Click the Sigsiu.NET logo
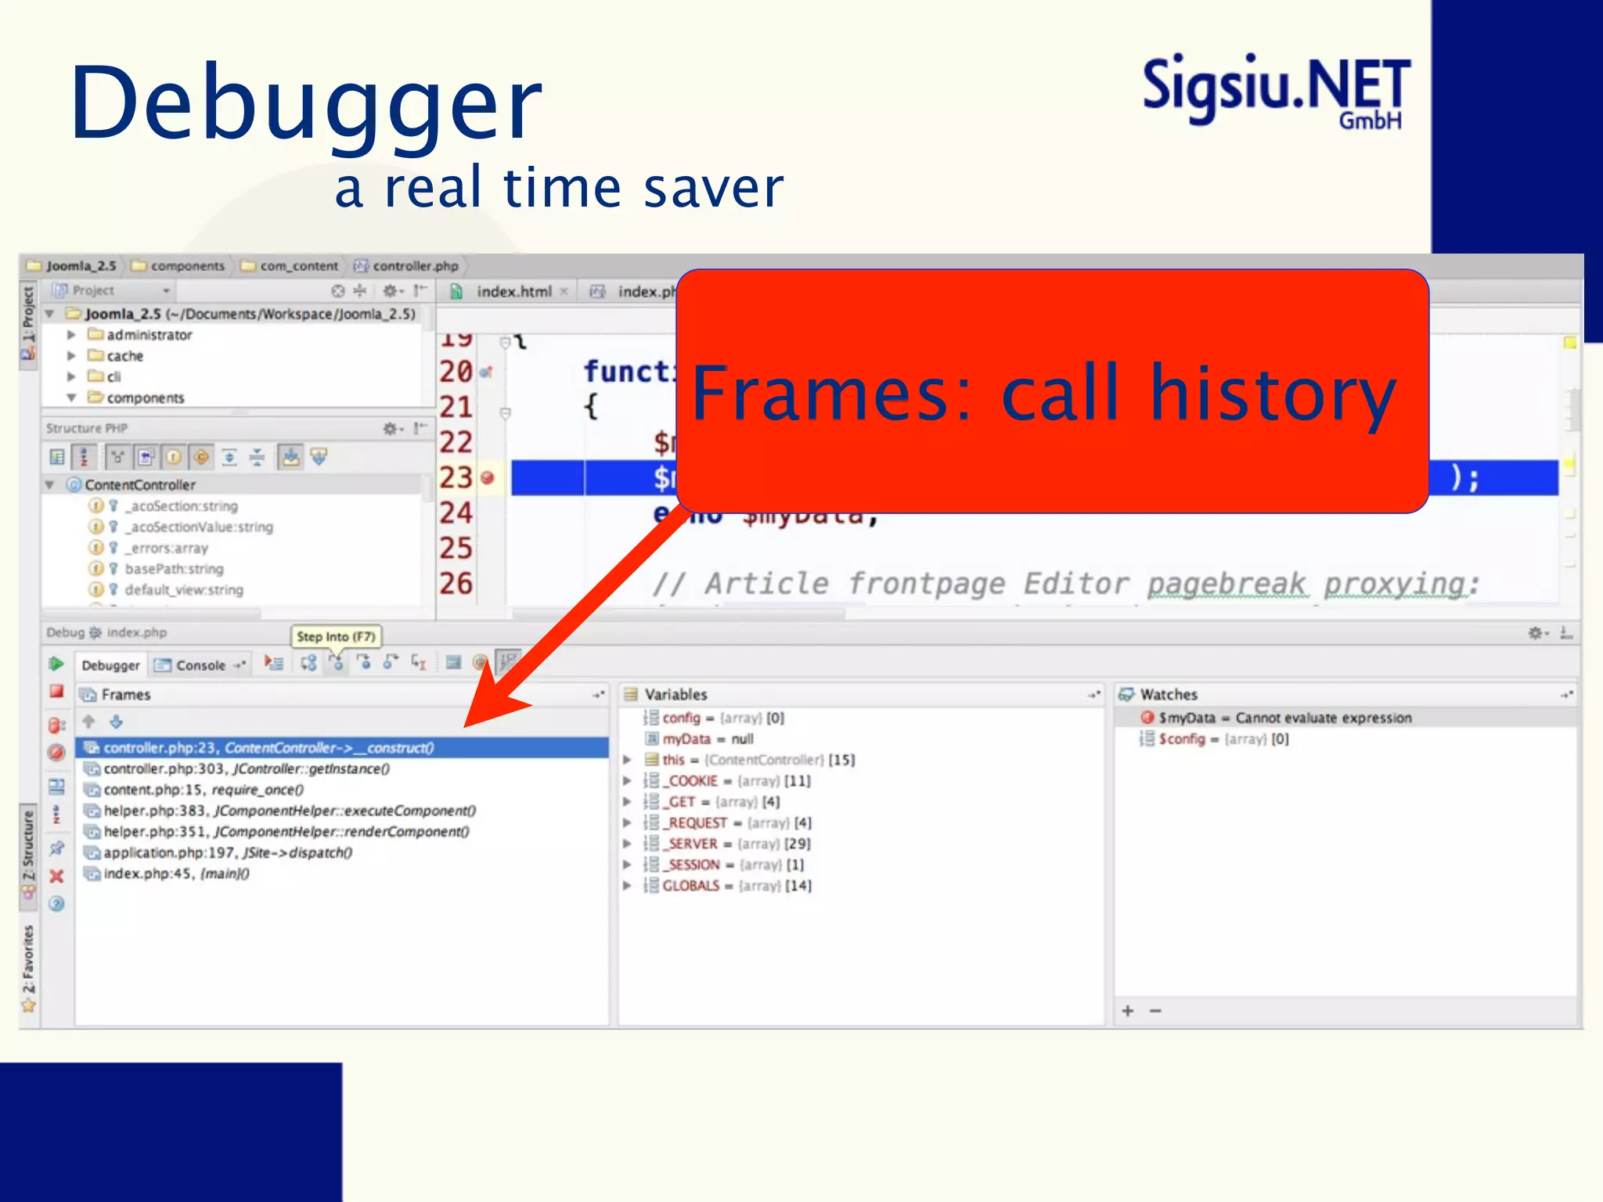pos(1276,90)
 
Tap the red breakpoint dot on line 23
pos(488,477)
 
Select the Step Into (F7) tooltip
pos(336,636)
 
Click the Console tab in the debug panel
pos(200,665)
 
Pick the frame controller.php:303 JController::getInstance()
pos(247,768)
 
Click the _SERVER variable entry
pos(692,844)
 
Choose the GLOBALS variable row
pos(690,886)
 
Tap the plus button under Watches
pos(1128,1011)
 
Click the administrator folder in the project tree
pos(149,335)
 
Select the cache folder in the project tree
pos(124,356)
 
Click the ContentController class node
pos(140,485)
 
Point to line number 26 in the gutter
pos(456,584)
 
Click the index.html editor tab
pos(513,292)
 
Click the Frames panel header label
pos(125,694)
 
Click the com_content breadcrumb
pos(298,266)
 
